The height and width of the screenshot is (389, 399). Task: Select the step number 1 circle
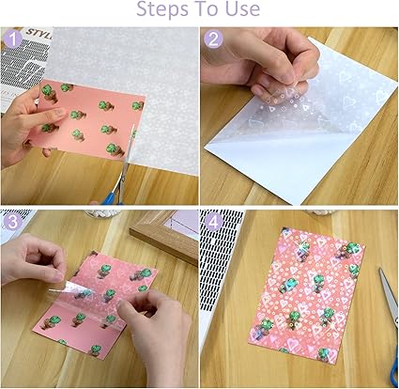tap(12, 39)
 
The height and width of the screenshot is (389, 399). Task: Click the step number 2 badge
tap(213, 39)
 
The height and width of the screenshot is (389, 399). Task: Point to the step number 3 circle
tap(12, 222)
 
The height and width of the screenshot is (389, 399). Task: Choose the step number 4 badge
tap(213, 222)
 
